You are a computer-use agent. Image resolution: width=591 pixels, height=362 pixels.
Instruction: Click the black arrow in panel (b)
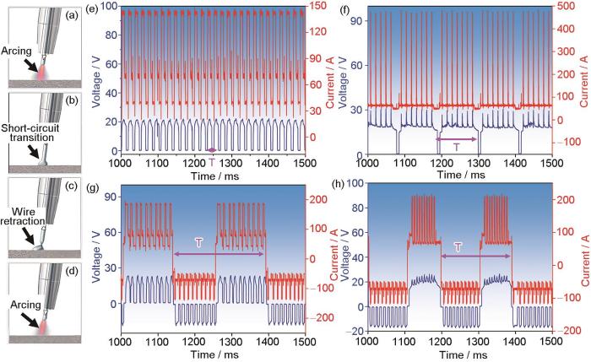click(x=30, y=152)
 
